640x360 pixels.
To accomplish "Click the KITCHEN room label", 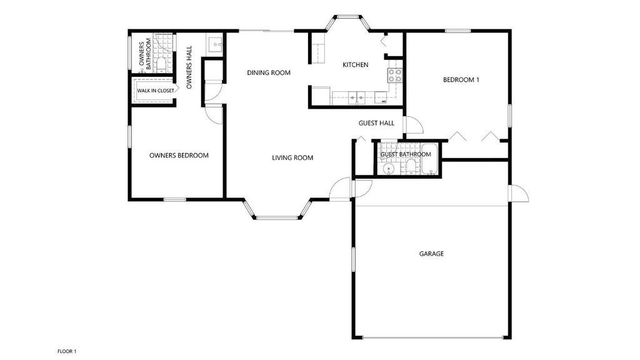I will coord(356,65).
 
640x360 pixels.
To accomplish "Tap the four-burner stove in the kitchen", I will coord(395,76).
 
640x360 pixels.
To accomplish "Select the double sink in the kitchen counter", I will coord(356,97).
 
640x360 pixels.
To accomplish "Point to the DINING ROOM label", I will coord(269,73).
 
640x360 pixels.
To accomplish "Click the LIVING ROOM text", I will coord(292,158).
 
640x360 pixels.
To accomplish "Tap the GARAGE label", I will coord(431,254).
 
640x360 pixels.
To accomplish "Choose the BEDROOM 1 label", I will coord(461,80).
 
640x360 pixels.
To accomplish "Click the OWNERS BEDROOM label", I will coord(179,156).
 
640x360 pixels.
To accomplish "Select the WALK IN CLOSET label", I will coord(156,91).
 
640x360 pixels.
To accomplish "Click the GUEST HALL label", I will coord(376,123).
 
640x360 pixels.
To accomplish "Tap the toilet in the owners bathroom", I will coord(161,64).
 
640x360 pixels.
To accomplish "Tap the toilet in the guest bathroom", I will coord(411,166).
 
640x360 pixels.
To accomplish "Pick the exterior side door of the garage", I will coord(519,194).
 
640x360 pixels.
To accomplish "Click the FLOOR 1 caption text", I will coord(67,352).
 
